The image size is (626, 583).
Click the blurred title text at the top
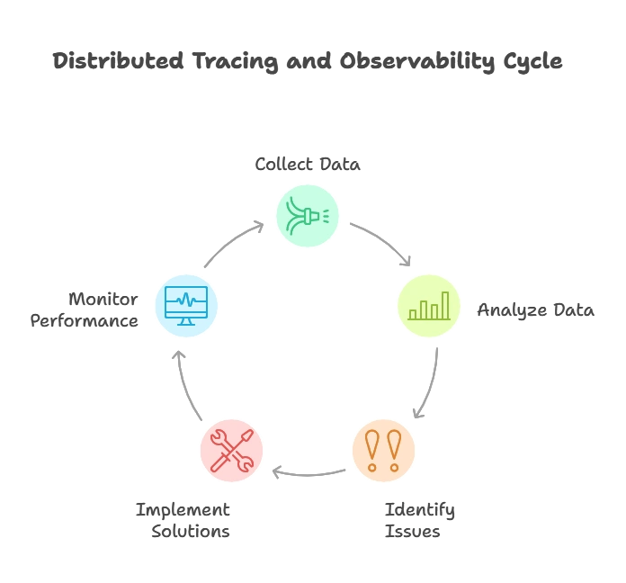309,63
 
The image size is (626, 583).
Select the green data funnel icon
307,216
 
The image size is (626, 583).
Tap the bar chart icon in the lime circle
429,305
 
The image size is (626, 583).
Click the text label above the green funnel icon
308,165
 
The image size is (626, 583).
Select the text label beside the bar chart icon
535,309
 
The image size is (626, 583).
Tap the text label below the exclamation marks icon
420,520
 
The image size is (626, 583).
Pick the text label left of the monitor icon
87,309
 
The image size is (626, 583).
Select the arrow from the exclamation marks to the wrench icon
306,471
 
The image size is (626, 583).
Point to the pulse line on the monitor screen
186,300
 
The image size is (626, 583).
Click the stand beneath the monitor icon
186,321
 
